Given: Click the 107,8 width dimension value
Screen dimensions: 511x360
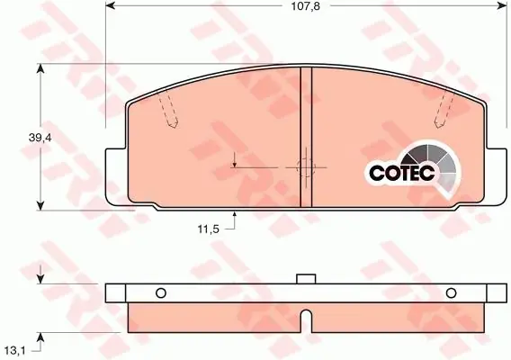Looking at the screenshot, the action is pos(305,6).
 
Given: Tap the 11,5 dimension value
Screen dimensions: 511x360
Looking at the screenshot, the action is pos(208,229).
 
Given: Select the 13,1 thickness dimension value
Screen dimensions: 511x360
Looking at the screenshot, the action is pos(15,351).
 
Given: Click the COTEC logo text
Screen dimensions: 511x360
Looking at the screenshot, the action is pos(402,173).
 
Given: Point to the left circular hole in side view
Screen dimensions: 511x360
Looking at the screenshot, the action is pos(161,292).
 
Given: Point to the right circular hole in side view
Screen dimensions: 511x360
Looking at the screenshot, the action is pos(451,292).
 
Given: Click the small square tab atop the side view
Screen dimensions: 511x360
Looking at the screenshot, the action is pos(306,279).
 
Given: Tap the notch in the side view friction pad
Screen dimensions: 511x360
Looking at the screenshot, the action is pos(306,321).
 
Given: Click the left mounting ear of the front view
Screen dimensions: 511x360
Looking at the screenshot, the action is pos(116,177).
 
